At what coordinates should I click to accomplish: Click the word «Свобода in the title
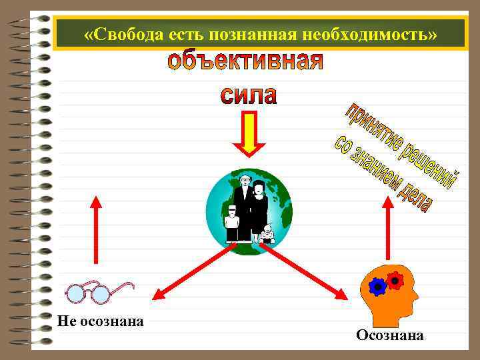click(121, 33)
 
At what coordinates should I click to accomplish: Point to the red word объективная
click(245, 63)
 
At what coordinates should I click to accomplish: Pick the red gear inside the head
click(395, 280)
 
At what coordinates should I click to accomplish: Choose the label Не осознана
click(101, 321)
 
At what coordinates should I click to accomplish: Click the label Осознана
click(389, 335)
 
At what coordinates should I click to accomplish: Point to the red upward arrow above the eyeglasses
click(97, 230)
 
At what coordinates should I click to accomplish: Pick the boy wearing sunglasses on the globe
click(232, 223)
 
